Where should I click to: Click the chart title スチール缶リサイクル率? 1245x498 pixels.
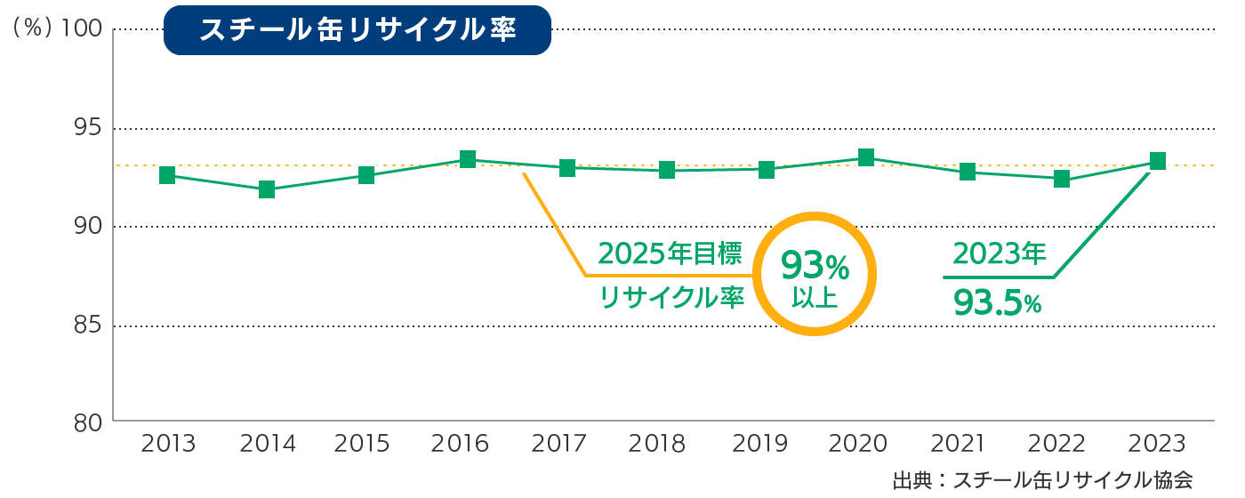click(357, 30)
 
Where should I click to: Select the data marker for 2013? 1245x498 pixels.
click(167, 175)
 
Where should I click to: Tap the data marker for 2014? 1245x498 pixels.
click(267, 189)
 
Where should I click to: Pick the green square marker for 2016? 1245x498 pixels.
click(468, 159)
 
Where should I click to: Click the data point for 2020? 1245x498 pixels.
click(865, 158)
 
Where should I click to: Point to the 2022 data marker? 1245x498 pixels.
click(1061, 179)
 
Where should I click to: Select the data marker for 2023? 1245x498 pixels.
click(1158, 161)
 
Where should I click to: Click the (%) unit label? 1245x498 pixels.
click(32, 29)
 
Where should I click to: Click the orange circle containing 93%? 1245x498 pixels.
click(815, 274)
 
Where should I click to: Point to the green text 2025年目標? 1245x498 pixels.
click(670, 254)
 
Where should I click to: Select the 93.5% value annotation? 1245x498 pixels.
click(996, 303)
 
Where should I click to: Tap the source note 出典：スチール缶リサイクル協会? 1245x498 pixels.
click(1042, 480)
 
